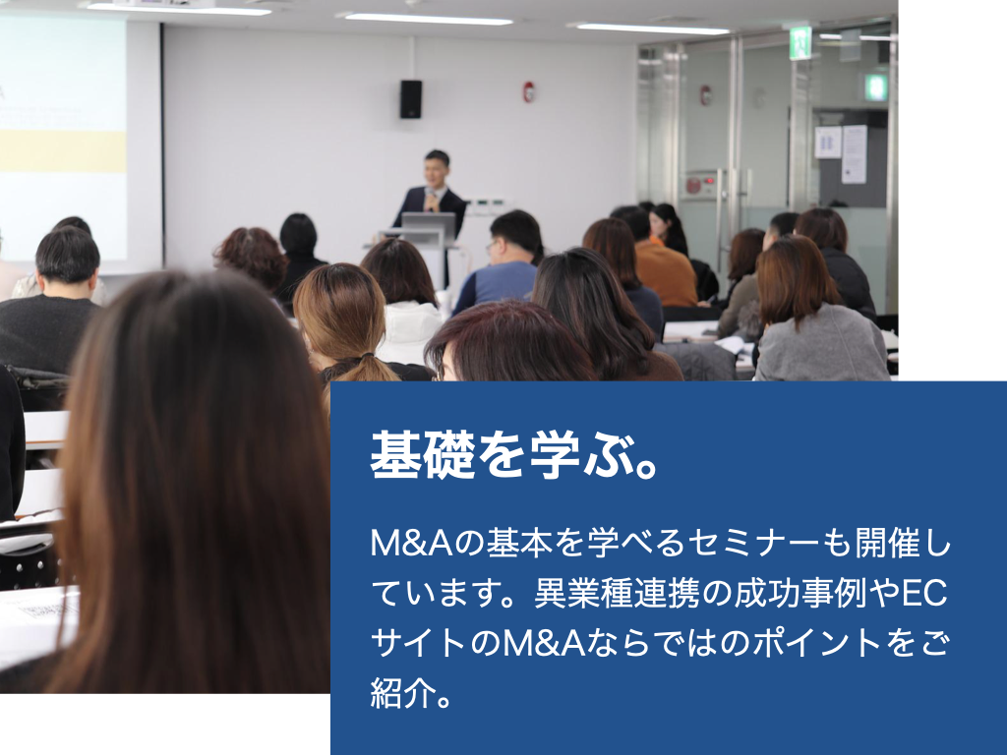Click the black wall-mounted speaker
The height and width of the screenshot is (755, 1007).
[x=411, y=99]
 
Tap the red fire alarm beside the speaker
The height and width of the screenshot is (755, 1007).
[x=528, y=91]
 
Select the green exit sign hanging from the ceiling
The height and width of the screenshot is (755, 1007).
[x=800, y=43]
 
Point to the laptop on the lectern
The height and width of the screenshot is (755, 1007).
[x=429, y=226]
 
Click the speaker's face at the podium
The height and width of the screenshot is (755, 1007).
[x=437, y=171]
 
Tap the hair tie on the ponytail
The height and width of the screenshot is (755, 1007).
[x=366, y=355]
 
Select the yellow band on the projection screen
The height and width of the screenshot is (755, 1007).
[x=63, y=150]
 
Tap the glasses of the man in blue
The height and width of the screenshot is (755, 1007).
[x=492, y=245]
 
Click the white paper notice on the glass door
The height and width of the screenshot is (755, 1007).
[x=855, y=154]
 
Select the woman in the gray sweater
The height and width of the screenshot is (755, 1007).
[x=815, y=312]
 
